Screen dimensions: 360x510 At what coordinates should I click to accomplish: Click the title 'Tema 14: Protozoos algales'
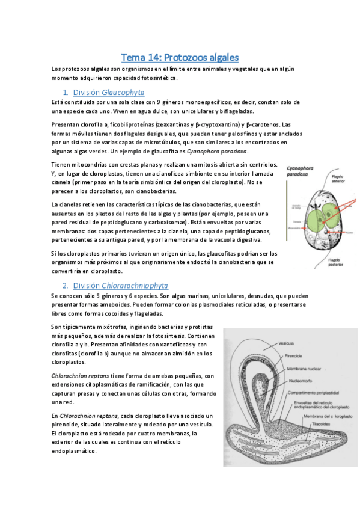pyautogui.click(x=180, y=58)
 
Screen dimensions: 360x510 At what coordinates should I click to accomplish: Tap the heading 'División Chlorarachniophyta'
pyautogui.click(x=120, y=285)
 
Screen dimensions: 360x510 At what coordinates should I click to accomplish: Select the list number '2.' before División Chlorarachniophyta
pyautogui.click(x=66, y=285)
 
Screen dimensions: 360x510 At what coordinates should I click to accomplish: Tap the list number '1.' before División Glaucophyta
pyautogui.click(x=66, y=93)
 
